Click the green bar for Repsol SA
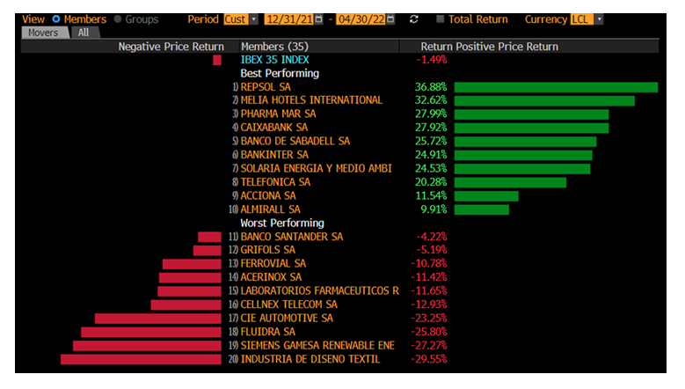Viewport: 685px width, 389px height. (556, 87)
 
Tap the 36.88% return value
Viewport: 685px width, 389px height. (431, 87)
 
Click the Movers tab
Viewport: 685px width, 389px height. (45, 32)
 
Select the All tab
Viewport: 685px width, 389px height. (84, 32)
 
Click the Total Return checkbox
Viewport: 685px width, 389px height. (441, 18)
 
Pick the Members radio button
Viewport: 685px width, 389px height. (57, 18)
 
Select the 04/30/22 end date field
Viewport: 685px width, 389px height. (362, 18)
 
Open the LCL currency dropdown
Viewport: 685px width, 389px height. (587, 18)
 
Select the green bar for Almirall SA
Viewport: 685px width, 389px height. (482, 209)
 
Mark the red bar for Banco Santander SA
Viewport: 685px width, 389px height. (209, 237)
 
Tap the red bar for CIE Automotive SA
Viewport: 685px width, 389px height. (158, 318)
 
